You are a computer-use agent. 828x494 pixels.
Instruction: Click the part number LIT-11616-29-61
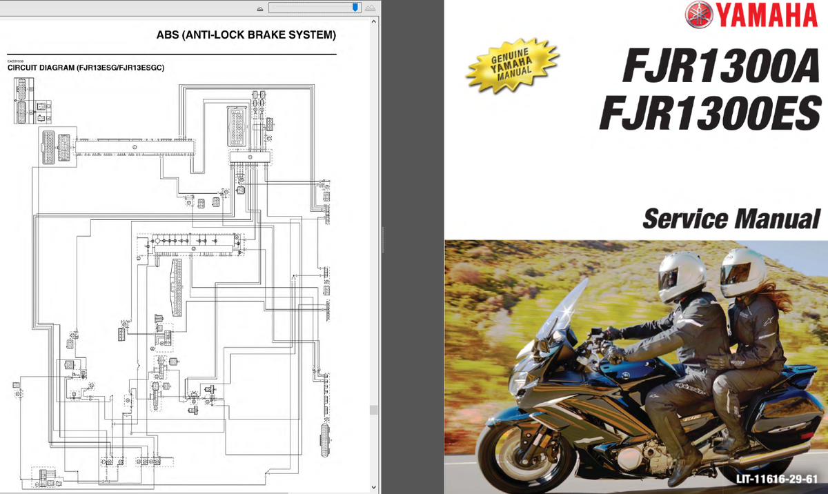point(776,479)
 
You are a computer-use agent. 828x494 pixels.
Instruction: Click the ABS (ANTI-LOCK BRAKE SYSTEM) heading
point(246,34)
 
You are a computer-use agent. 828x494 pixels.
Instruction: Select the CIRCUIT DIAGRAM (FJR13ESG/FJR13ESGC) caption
point(85,68)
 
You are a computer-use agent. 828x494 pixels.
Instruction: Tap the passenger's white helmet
point(741,270)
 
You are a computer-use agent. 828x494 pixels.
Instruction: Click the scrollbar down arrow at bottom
point(374,487)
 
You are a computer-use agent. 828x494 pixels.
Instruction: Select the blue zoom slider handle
point(355,8)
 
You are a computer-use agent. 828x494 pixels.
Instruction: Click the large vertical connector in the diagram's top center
point(235,127)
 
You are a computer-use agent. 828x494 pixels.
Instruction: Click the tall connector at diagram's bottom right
point(325,439)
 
